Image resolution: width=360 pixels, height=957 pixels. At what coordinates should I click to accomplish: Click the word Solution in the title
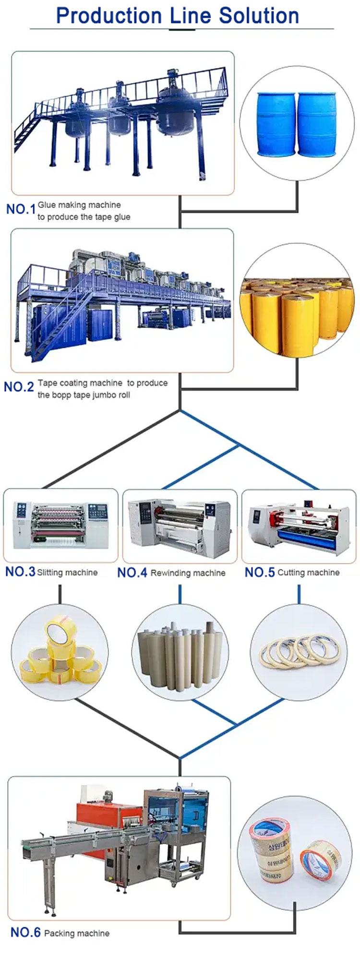259,16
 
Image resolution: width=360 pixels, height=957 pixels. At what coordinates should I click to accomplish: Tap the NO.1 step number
21,209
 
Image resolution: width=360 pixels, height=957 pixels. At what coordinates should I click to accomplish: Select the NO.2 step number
19,387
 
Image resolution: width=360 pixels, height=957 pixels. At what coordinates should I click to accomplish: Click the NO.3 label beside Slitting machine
20,572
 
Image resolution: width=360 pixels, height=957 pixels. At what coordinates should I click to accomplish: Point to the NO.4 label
132,573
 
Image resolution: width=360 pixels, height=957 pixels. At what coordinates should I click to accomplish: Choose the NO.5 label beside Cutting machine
260,572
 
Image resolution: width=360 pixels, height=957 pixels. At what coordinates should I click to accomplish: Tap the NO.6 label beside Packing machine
25,932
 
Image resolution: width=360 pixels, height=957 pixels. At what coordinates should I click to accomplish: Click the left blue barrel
276,124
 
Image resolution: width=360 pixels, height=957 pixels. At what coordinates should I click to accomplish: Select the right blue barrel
317,124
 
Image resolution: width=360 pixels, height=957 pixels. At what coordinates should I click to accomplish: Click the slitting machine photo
60,525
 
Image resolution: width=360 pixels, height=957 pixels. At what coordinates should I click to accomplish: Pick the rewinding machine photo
180,526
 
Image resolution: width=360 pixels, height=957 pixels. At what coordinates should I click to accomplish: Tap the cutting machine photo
299,526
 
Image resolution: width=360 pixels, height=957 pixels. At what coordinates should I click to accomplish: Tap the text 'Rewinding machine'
188,573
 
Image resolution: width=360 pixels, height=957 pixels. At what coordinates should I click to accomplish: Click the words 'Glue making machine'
79,205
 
